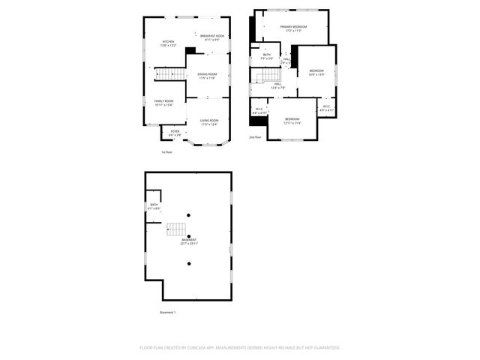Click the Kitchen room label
tap(168, 43)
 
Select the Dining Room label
tap(207, 75)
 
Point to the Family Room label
tap(163, 103)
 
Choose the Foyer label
tap(175, 133)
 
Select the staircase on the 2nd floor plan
tap(267, 76)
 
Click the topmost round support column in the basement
tap(189, 215)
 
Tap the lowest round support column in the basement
tap(189, 263)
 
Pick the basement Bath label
tap(154, 206)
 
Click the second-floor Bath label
tap(267, 56)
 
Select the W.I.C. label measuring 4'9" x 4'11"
tap(326, 108)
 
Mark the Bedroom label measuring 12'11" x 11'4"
tap(292, 121)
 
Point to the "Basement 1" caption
tap(168, 312)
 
